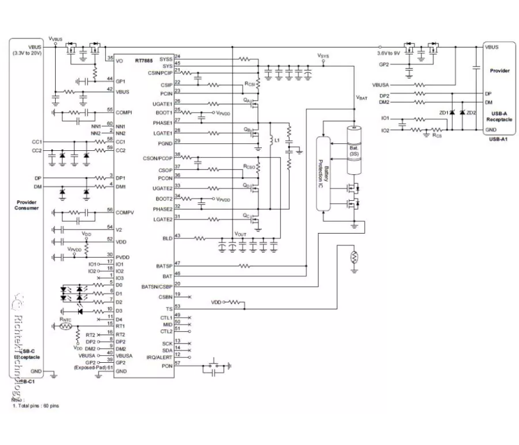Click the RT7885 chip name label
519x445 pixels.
click(143, 60)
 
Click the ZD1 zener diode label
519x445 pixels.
click(444, 113)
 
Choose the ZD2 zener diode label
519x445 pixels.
click(470, 113)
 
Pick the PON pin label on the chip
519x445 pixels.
click(166, 366)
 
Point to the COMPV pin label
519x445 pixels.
click(124, 211)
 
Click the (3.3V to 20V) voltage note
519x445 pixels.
click(26, 53)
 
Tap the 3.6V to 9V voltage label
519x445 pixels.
click(389, 53)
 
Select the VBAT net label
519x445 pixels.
click(361, 98)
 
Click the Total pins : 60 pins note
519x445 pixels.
click(36, 406)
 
